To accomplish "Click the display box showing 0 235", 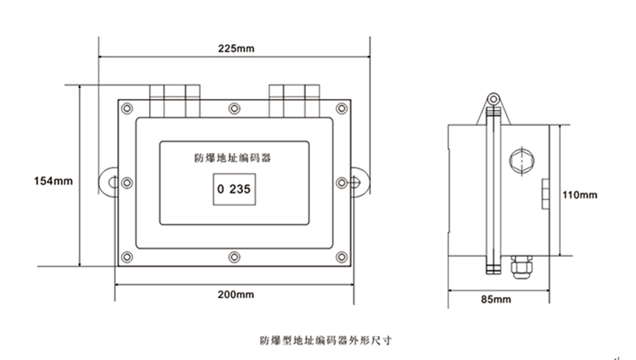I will click(233, 191).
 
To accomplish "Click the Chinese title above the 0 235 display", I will click(233, 159).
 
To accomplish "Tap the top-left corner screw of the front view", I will click(126, 107).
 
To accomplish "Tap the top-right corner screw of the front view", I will click(342, 107).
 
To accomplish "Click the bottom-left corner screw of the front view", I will click(126, 257).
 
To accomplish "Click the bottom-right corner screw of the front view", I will click(342, 257).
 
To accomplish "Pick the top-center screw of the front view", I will click(233, 107).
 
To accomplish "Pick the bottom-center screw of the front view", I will click(233, 257).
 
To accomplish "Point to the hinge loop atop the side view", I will click(493, 101).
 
